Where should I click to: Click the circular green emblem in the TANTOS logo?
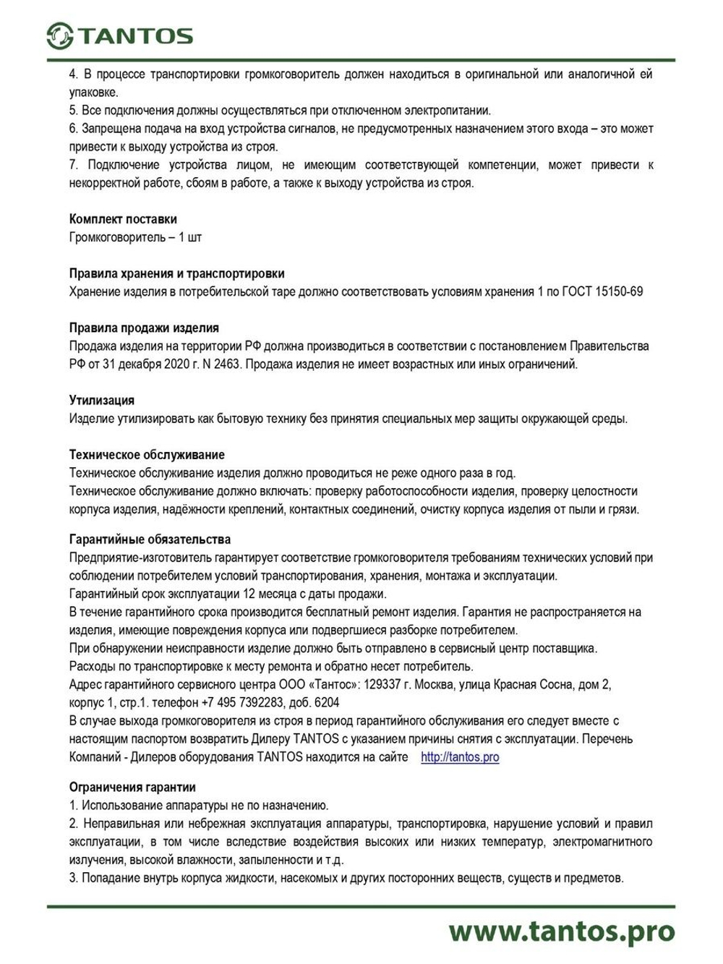tap(60, 35)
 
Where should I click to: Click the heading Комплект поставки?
tap(123, 219)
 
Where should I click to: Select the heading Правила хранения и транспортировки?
tap(176, 273)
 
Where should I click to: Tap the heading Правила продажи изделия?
tap(144, 328)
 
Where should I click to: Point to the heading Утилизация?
tap(102, 400)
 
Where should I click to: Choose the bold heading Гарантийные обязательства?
tap(150, 539)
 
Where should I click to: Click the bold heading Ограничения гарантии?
tap(132, 787)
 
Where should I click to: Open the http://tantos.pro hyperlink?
tap(460, 757)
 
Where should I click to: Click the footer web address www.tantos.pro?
tap(561, 931)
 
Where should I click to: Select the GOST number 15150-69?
tap(618, 291)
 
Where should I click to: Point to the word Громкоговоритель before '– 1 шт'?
tap(117, 237)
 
